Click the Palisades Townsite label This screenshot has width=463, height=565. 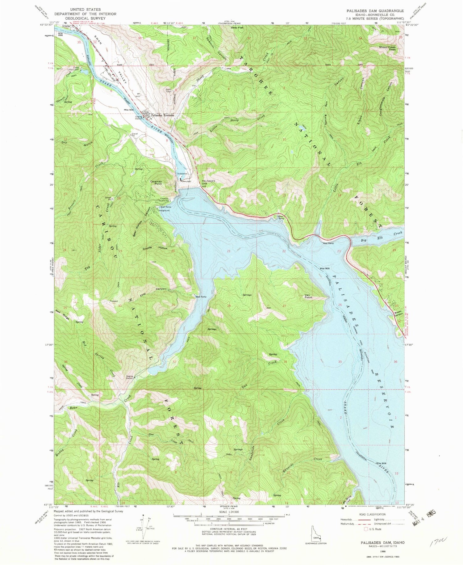[x=163, y=115]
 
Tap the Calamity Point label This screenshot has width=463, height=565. [x=156, y=182]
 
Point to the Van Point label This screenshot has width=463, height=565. [x=308, y=296]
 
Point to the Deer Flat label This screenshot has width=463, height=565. [x=237, y=27]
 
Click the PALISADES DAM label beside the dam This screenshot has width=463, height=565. [x=208, y=182]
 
